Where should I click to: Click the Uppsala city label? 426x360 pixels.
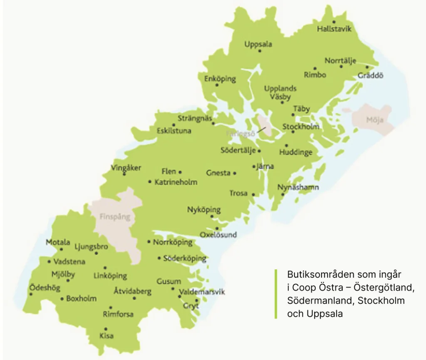coord(258,44)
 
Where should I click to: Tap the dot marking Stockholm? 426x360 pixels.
coord(293,132)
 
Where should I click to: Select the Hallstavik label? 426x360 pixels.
coord(334,29)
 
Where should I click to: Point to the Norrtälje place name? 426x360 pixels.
coord(340,61)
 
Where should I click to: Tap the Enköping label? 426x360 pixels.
coord(220,79)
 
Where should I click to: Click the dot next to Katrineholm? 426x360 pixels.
coord(150,182)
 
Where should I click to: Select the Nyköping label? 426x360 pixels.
coord(204,210)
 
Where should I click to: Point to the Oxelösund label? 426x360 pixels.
coord(218,235)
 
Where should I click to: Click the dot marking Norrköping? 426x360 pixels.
coord(149,241)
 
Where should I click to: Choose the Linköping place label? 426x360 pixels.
coord(110,276)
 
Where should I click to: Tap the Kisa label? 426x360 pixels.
coord(106,335)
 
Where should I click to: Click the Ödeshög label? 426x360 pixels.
coord(45,288)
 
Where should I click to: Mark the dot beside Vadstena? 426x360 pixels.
coord(50,262)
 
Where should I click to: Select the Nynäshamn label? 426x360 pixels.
coord(299,187)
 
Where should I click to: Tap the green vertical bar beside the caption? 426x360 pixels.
coord(275,294)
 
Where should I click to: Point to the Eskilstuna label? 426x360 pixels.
coord(174,131)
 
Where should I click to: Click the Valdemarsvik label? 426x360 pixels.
coord(201,292)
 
